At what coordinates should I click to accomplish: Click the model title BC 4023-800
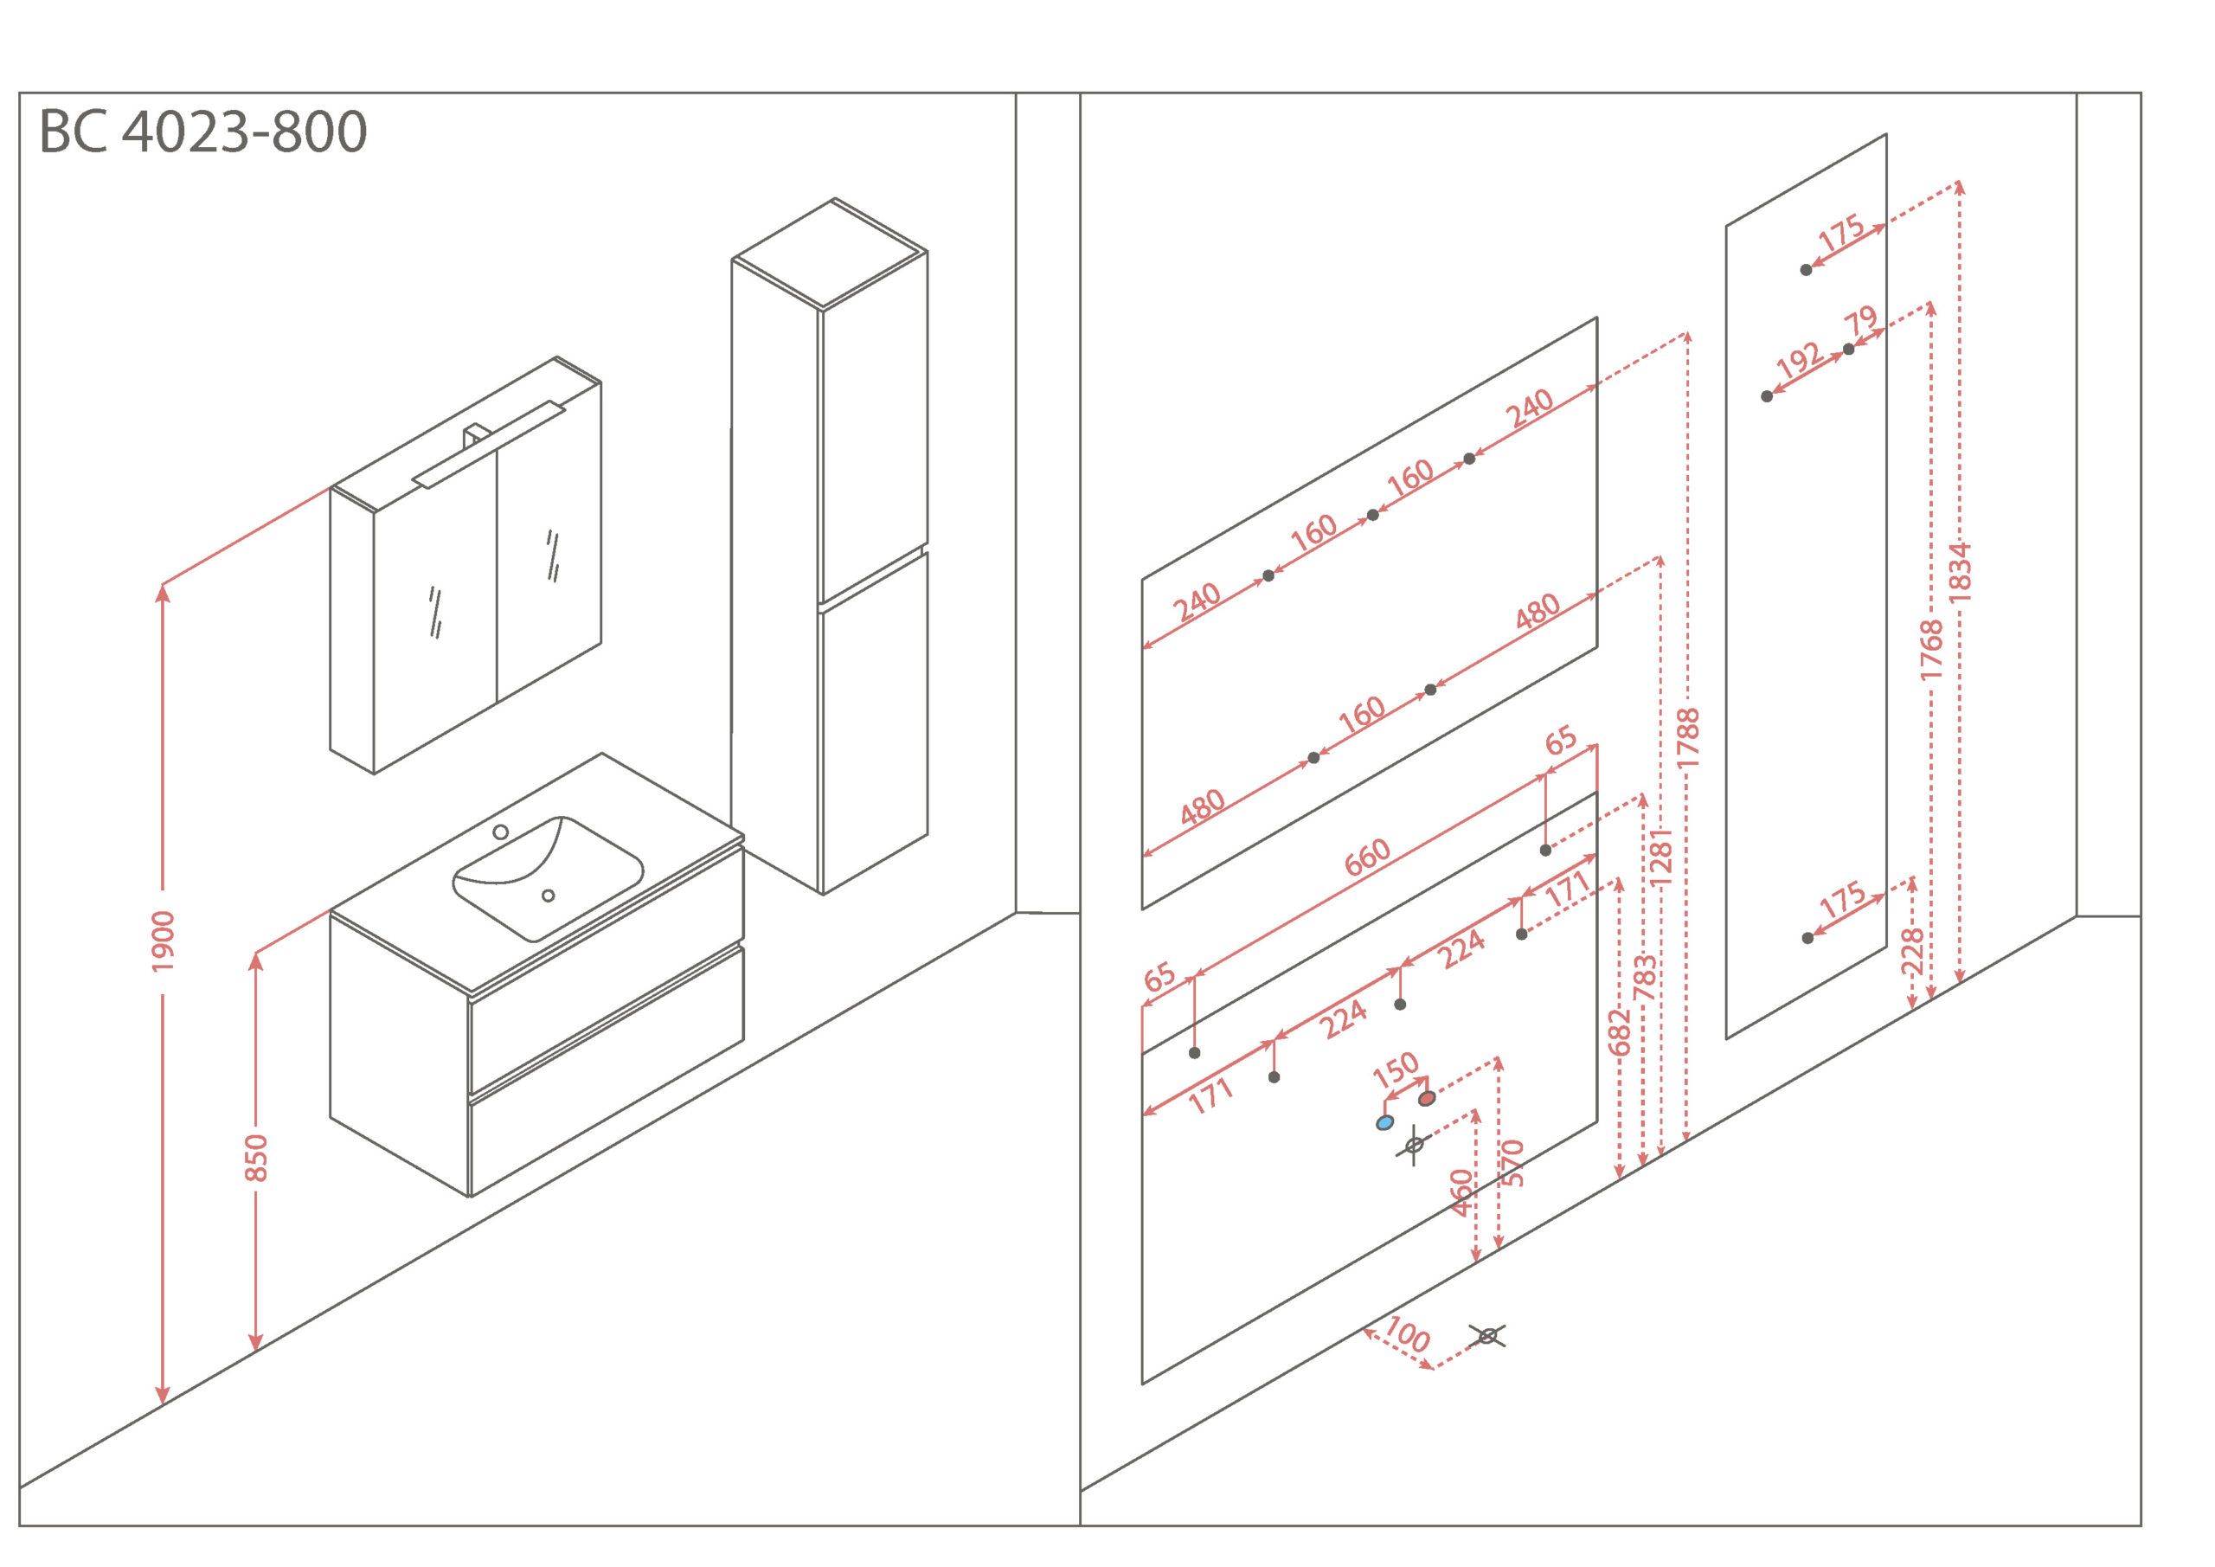pos(202,132)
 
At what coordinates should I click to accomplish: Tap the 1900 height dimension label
pos(163,941)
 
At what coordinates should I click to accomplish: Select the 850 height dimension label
pos(255,1157)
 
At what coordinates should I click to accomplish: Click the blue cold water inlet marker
pos(1384,1123)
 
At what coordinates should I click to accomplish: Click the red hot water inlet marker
pos(1427,1098)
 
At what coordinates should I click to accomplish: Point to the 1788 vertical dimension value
pos(1687,738)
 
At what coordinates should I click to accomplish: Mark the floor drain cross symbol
pos(1487,1336)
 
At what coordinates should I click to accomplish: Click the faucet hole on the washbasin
pos(501,832)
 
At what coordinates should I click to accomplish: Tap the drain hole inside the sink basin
pos(548,896)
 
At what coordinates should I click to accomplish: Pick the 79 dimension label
pos(1860,319)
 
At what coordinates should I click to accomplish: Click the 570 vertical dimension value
pos(1512,1164)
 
